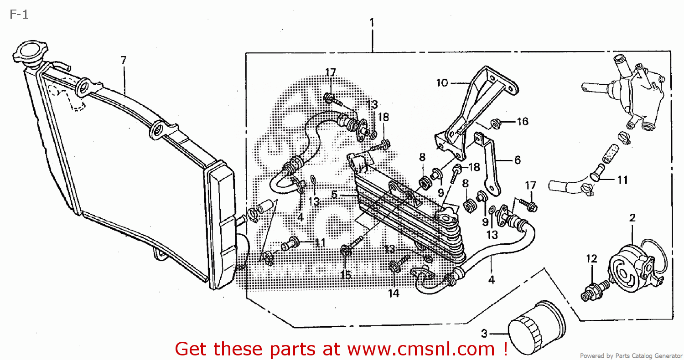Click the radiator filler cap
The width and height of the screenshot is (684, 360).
point(29,51)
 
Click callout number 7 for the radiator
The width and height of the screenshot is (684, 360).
point(123,60)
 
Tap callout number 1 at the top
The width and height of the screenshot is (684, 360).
point(372,22)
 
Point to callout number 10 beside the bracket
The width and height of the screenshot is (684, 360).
point(442,83)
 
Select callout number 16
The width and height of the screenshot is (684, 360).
point(522,122)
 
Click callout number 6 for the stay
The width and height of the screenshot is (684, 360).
point(517,160)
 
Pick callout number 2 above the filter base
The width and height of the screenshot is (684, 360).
point(632,218)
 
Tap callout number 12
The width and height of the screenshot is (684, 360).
point(591,259)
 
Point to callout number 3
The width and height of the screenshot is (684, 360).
point(484,333)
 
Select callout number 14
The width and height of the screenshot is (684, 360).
point(394,293)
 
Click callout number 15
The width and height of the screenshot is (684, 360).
point(346,275)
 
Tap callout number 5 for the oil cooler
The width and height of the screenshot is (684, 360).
point(334,195)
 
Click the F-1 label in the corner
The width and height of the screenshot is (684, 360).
point(19,15)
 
